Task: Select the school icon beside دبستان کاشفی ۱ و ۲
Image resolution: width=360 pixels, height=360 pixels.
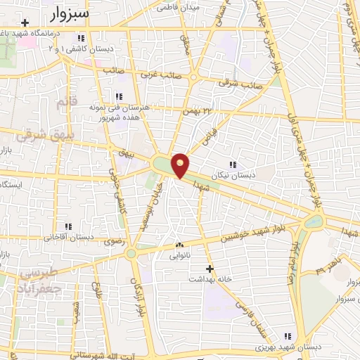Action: [82, 37]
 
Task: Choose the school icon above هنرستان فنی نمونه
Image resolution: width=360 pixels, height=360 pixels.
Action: [119, 96]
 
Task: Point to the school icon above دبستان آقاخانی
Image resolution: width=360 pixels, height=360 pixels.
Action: [68, 226]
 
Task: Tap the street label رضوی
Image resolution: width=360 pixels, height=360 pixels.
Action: [113, 240]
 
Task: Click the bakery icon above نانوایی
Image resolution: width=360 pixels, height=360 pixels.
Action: [178, 245]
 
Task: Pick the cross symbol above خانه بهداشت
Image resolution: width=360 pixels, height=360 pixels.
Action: [209, 268]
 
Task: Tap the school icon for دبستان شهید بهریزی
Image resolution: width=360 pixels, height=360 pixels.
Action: [285, 337]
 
